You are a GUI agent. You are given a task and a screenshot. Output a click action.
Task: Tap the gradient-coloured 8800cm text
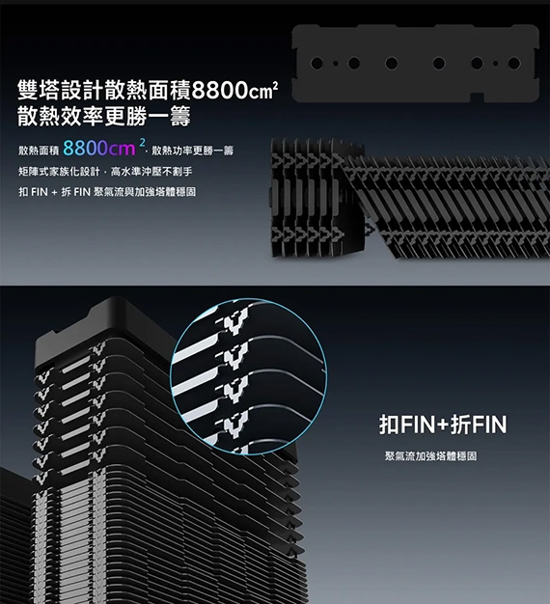[x=99, y=149]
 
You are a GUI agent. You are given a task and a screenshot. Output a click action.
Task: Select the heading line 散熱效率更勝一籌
[x=104, y=117]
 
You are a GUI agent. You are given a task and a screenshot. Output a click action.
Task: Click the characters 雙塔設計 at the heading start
[x=61, y=91]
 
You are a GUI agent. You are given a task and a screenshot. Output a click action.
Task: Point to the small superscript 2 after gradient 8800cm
[x=142, y=142]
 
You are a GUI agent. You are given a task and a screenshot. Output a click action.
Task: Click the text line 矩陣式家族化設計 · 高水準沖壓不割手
[x=105, y=172]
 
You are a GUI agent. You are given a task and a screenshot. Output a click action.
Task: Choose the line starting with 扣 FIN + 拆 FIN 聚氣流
[x=107, y=191]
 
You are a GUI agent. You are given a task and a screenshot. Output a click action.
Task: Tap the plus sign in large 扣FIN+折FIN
[x=443, y=425]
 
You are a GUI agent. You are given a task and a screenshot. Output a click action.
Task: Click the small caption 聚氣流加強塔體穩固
[x=430, y=456]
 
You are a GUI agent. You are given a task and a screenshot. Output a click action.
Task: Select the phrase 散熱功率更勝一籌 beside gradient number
[x=193, y=151]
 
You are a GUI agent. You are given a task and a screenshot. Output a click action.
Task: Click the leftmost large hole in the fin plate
[x=316, y=63]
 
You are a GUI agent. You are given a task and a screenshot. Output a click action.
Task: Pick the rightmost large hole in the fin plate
[x=514, y=63]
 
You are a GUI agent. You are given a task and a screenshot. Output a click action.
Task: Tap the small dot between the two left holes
[x=336, y=63]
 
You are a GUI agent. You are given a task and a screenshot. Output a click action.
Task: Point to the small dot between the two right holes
[x=495, y=63]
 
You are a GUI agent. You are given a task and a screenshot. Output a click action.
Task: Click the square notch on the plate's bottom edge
[x=478, y=97]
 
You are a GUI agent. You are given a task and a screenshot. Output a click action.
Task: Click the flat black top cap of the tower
[x=104, y=323]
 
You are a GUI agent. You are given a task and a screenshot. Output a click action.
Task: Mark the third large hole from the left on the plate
[x=392, y=63]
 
